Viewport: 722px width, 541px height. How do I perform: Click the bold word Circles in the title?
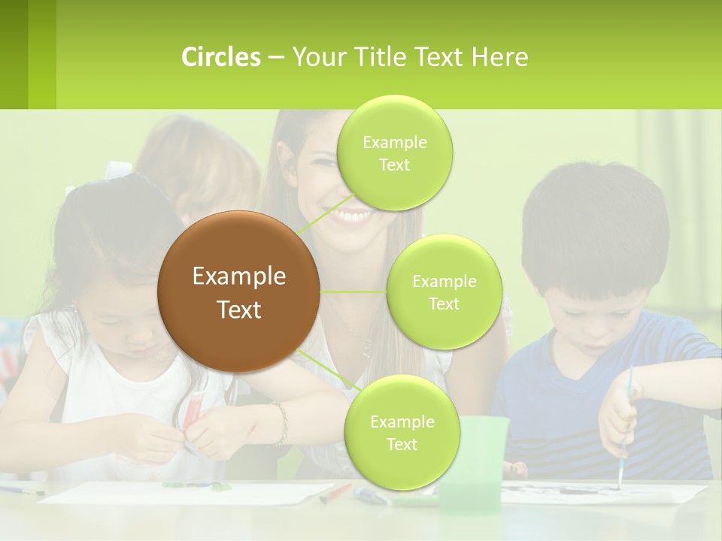click(x=220, y=57)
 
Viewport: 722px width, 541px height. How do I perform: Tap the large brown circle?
click(x=238, y=292)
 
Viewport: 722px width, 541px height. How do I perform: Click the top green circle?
click(x=394, y=153)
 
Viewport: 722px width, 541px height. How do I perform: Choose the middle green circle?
click(x=444, y=292)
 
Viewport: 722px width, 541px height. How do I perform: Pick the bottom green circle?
click(x=402, y=432)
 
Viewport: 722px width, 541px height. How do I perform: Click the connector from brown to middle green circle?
click(x=353, y=292)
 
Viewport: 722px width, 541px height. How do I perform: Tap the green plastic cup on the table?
click(x=472, y=462)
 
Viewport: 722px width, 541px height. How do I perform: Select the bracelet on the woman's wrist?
click(x=281, y=422)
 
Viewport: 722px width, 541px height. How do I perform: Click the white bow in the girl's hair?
click(x=118, y=170)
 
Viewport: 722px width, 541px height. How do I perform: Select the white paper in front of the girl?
click(x=188, y=493)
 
